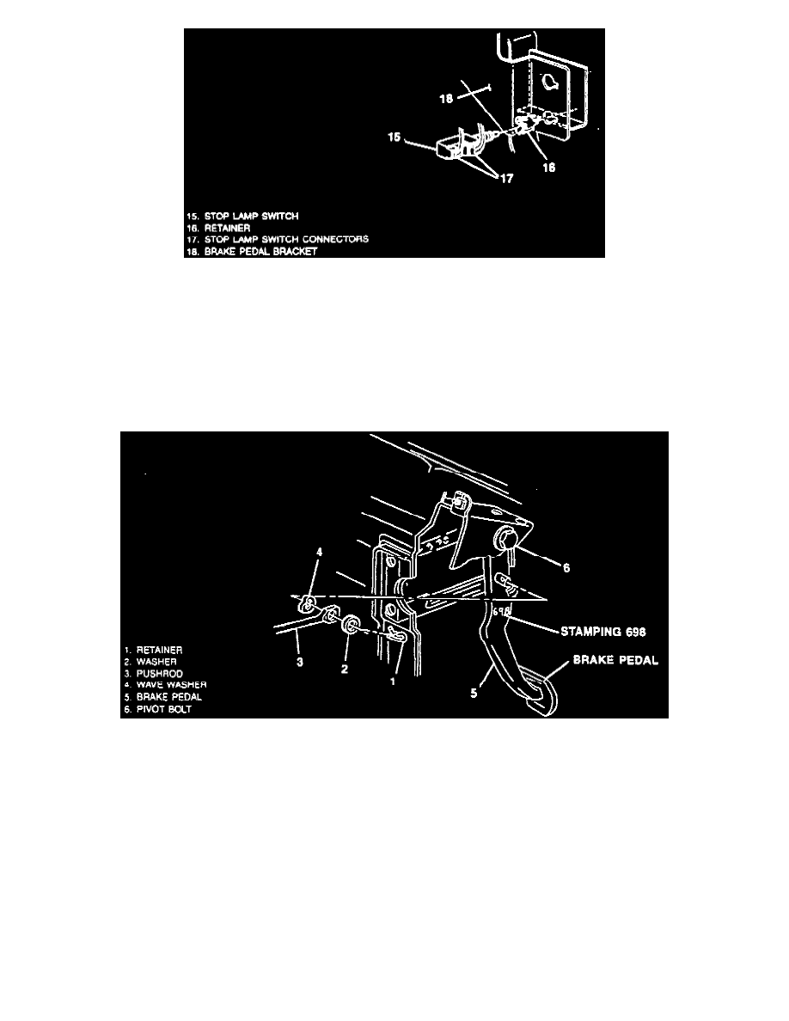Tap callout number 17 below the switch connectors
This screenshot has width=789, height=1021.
tap(506, 180)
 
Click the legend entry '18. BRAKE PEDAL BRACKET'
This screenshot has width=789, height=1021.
tap(250, 251)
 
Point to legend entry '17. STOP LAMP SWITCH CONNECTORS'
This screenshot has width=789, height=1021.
tap(277, 238)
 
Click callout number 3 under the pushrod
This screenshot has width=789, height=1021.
tap(300, 662)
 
